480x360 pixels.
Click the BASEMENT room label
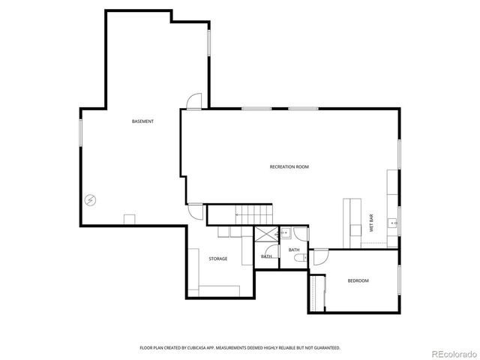(142, 121)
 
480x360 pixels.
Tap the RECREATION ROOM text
(289, 166)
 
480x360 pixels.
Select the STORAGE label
(218, 259)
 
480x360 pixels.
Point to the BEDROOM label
(358, 280)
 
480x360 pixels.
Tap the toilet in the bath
(300, 258)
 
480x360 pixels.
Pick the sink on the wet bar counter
(391, 223)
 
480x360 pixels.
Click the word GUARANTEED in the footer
(325, 348)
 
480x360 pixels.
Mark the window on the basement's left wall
(81, 132)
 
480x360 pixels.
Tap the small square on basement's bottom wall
(129, 219)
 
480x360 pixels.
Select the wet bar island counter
(350, 222)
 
